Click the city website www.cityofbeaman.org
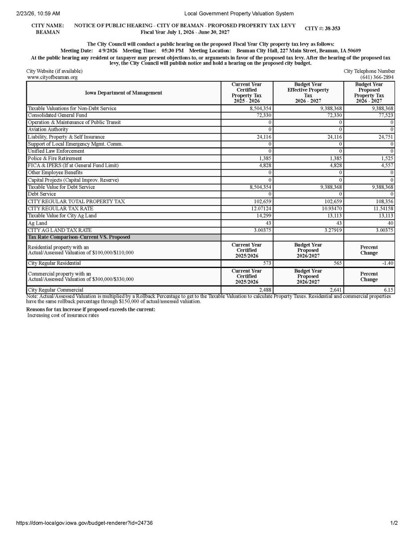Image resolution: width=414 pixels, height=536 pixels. [x=52, y=77]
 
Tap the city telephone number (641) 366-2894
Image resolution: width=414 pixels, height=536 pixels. [x=377, y=77]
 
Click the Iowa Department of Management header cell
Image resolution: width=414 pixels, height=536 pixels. [x=124, y=93]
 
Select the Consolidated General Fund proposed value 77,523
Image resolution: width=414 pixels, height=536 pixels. [x=385, y=115]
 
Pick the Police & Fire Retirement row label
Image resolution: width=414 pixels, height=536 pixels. [x=55, y=159]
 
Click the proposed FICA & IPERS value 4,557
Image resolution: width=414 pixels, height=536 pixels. [x=386, y=165]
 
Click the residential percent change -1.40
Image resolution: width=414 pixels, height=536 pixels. [x=387, y=264]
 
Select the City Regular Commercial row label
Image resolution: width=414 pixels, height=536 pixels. [x=55, y=290]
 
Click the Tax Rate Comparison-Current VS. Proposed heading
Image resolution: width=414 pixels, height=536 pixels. [x=79, y=237]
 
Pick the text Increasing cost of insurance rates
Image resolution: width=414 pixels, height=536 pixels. [x=63, y=315]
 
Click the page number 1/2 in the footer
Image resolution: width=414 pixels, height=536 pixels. [x=394, y=523]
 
